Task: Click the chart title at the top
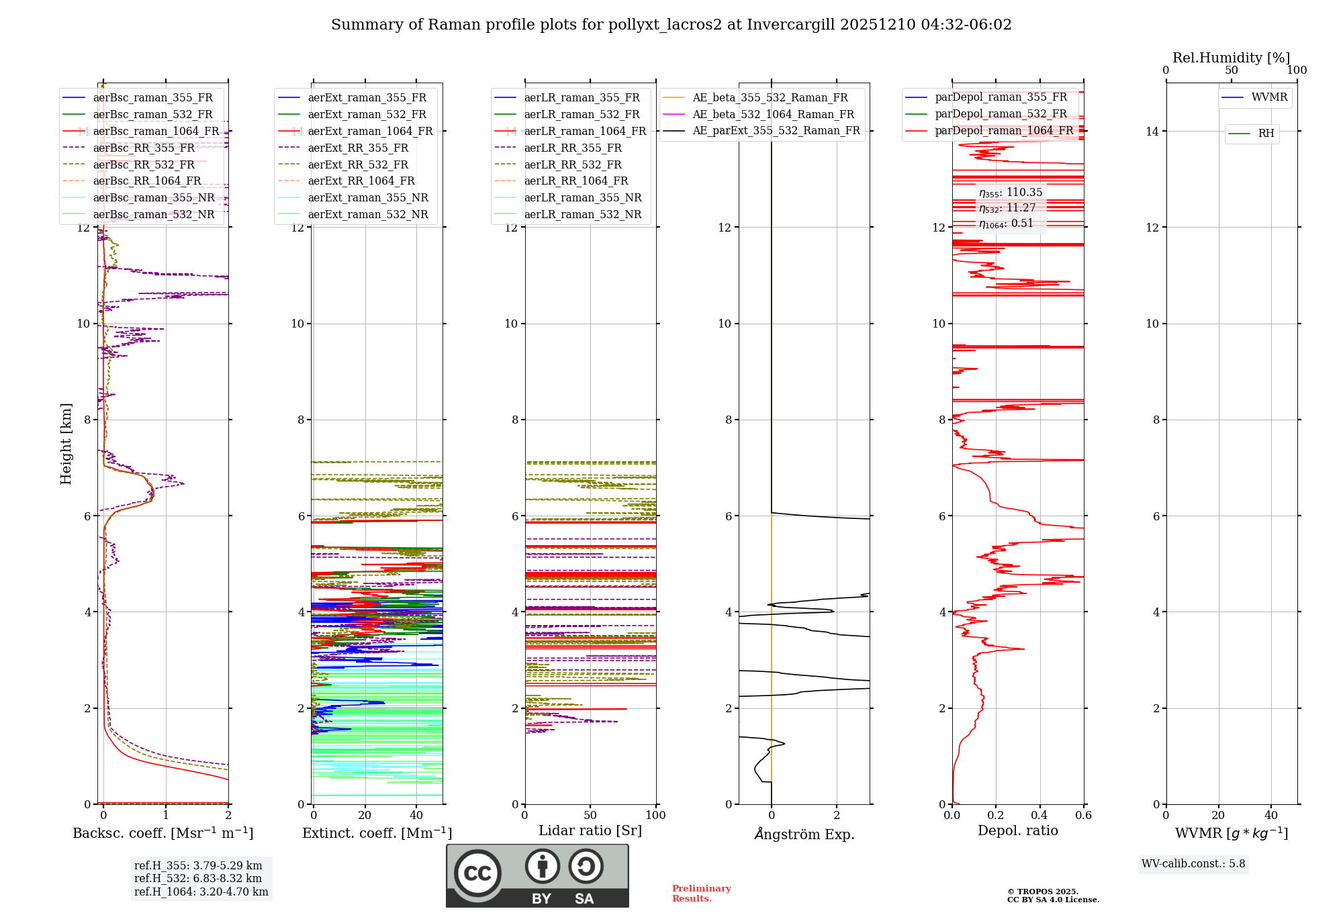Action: (671, 25)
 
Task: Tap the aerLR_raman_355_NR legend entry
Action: (582, 197)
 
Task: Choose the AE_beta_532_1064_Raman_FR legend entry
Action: (773, 114)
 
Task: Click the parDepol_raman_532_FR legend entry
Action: (1001, 114)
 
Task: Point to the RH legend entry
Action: (1266, 134)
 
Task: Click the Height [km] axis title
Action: (66, 444)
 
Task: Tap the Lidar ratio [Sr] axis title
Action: (590, 830)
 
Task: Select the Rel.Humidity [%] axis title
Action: (1231, 58)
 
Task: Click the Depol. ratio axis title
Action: (1017, 830)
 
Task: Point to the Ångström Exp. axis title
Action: (804, 834)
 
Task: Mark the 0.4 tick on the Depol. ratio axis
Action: (1039, 815)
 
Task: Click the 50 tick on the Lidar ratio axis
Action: (590, 815)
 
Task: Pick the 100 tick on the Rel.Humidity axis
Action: (1297, 70)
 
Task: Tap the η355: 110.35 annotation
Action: (1011, 193)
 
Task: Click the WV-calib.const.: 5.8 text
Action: (1193, 864)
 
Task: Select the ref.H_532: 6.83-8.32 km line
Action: (198, 878)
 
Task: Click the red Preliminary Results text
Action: (701, 893)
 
